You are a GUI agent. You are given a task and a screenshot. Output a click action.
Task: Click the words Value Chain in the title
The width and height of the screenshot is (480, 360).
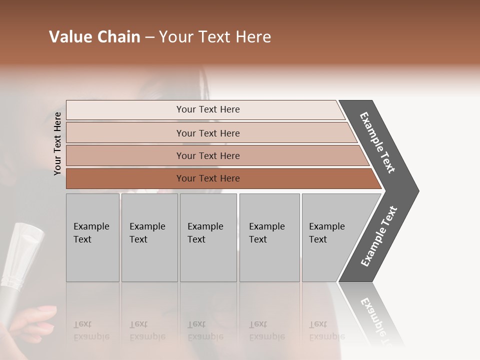point(94,37)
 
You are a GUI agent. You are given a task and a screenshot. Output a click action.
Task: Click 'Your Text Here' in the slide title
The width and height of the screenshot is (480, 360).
point(215,37)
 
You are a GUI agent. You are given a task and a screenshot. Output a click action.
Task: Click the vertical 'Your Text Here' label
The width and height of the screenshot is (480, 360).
point(57,143)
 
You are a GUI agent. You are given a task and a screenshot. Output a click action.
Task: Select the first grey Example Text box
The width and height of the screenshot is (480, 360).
point(92,237)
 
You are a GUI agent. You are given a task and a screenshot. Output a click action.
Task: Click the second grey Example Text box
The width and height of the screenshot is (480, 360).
point(149,237)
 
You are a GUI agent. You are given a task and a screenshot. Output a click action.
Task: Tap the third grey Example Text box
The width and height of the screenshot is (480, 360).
point(208,237)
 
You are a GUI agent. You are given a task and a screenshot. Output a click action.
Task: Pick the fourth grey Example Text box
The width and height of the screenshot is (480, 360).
point(269,237)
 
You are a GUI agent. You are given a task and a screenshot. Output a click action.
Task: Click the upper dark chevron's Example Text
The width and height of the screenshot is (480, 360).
point(378,142)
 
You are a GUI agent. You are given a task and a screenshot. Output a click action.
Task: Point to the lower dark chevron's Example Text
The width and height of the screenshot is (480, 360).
point(379,236)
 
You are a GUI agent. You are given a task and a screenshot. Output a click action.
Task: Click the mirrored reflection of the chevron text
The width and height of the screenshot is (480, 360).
point(378,320)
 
